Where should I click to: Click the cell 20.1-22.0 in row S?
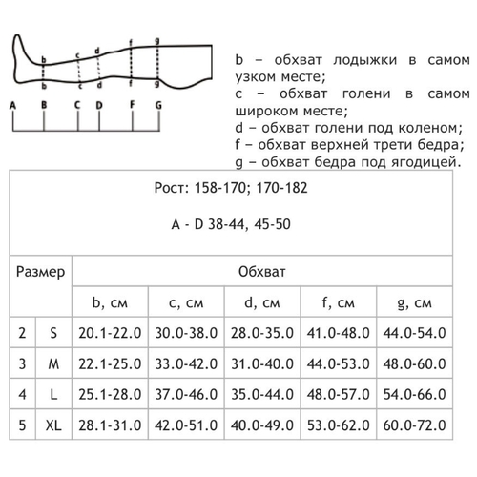point(110,333)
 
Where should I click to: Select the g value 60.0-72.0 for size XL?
point(414,425)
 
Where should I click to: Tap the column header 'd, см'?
point(262,302)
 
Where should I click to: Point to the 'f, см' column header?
point(338,302)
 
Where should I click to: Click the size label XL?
point(53,425)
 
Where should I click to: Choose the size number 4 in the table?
point(22,395)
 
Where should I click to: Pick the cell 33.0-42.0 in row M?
point(186,363)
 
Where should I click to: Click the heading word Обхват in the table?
point(262,272)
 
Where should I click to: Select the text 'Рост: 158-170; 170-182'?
point(231,188)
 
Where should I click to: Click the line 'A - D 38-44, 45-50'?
point(231,224)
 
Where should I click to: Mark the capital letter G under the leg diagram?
point(158,105)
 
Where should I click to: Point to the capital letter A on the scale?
point(12,105)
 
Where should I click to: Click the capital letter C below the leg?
point(77,105)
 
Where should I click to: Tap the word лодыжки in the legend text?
point(365,60)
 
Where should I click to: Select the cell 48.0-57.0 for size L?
point(338,395)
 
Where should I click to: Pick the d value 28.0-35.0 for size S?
point(262,333)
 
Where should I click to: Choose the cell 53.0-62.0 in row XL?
point(338,425)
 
